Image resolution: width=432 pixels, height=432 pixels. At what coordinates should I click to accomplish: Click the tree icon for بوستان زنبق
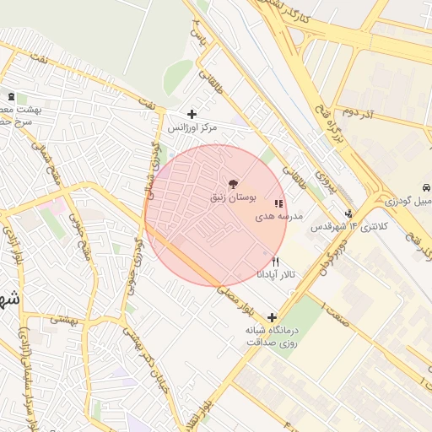click(x=234, y=183)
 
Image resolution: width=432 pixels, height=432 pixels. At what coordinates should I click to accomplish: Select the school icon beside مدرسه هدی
click(x=278, y=204)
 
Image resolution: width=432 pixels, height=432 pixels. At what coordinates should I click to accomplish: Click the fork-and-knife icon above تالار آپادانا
click(x=275, y=262)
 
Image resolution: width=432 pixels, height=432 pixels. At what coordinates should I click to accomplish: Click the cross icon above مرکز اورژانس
click(x=192, y=114)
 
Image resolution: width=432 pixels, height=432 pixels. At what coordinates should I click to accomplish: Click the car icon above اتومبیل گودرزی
click(x=427, y=186)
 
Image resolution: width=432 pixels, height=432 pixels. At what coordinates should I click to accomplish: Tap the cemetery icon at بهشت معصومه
click(x=11, y=97)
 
